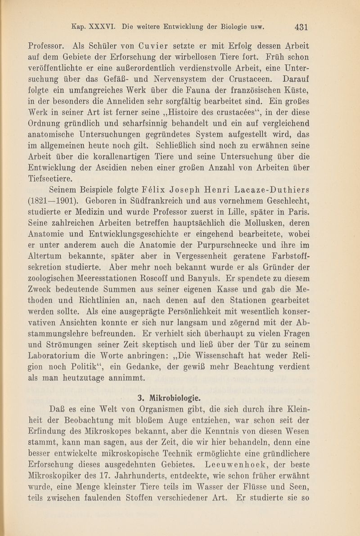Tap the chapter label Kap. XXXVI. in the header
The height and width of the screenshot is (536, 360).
(93, 26)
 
